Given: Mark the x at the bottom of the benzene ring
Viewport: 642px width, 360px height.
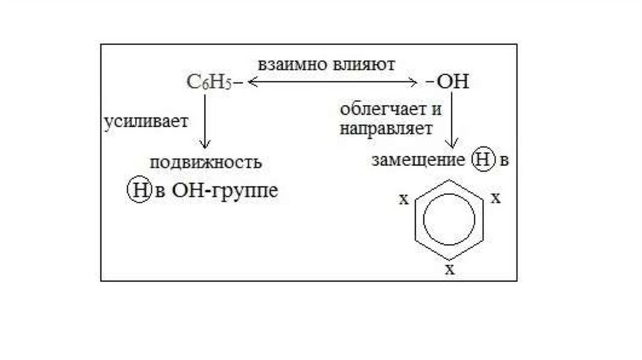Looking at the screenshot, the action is pyautogui.click(x=449, y=270).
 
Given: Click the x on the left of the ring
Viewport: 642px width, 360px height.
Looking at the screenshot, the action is pyautogui.click(x=404, y=200).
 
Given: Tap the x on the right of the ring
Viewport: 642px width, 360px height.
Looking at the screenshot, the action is pyautogui.click(x=495, y=199).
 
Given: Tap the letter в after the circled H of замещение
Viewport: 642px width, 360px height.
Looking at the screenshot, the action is pyautogui.click(x=502, y=161).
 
